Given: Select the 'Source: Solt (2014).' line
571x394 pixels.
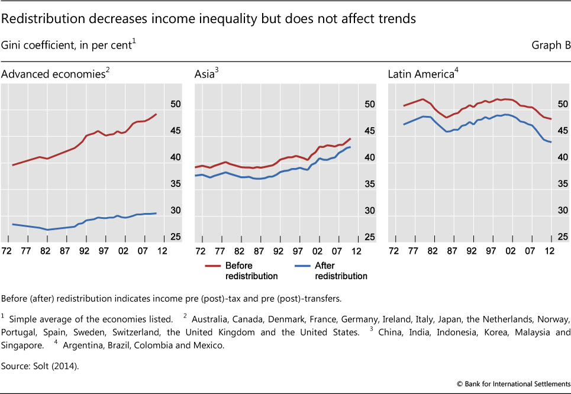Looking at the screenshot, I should [40, 366].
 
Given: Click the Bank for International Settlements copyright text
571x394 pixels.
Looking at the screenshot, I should [516, 383].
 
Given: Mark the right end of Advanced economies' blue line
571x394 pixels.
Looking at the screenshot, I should [156, 213].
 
